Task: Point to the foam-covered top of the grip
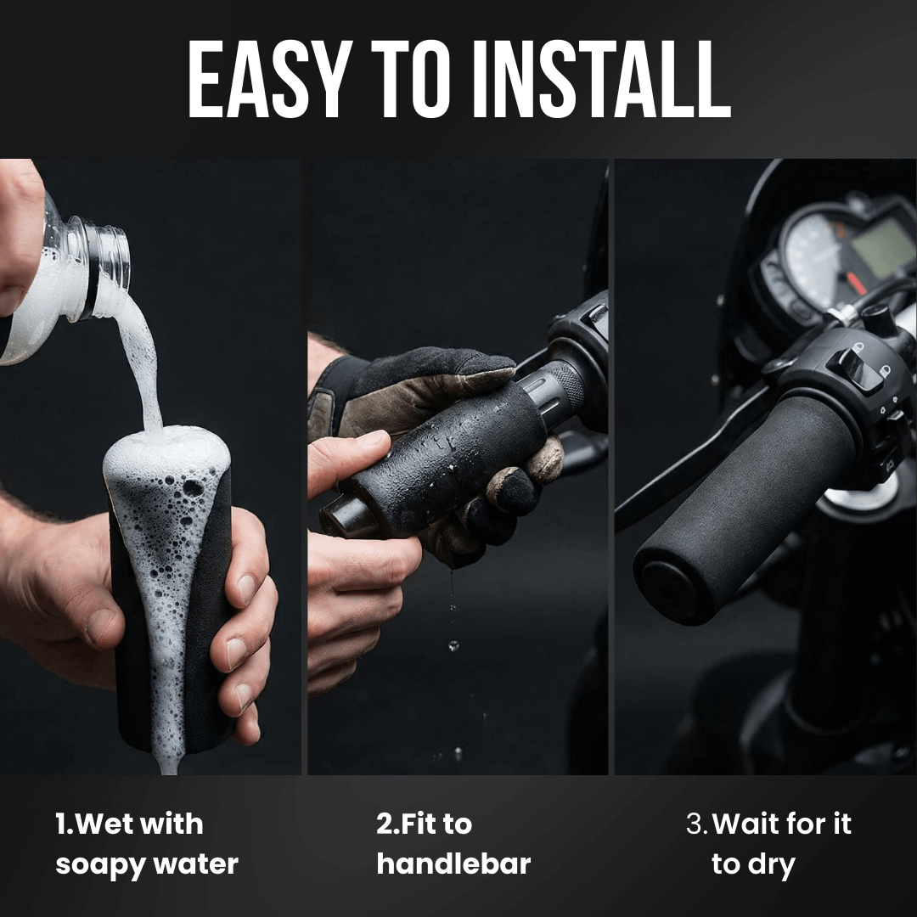point(166,450)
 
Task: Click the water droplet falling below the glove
point(453,645)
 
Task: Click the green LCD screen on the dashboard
point(883,249)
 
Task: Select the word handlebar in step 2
point(453,864)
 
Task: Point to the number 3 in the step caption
point(694,824)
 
